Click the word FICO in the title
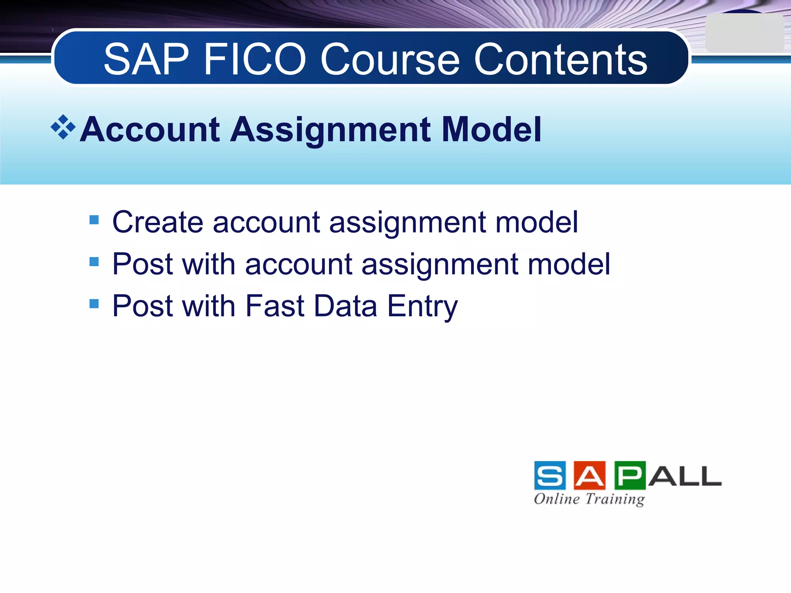tap(255, 60)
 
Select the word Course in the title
tap(390, 60)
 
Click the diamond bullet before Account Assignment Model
tap(63, 127)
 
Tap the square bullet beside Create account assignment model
tap(94, 220)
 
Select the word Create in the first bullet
tap(158, 222)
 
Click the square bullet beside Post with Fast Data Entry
tap(94, 303)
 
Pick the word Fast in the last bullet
tap(275, 306)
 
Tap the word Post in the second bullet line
tap(143, 264)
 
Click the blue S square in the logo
tap(550, 475)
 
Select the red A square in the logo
tap(589, 475)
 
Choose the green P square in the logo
tap(630, 475)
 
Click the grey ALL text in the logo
tap(685, 476)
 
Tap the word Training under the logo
tap(615, 499)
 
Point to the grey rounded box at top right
tap(744, 33)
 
